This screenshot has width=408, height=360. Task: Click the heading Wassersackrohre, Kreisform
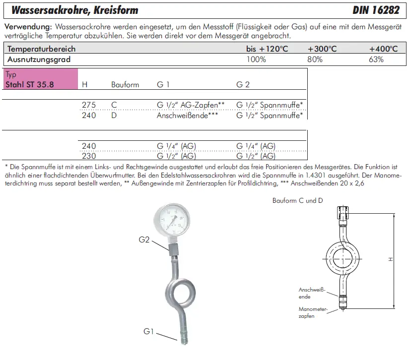click(x=75, y=10)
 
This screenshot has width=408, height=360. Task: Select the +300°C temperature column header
click(x=322, y=49)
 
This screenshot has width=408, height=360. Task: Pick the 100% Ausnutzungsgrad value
click(x=256, y=59)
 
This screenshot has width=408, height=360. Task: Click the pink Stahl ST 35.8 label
click(x=29, y=84)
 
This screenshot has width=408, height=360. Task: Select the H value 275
click(x=88, y=105)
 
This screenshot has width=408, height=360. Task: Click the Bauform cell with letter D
click(x=114, y=115)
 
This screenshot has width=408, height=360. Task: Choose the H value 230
click(x=88, y=155)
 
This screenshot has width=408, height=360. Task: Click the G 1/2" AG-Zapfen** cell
click(x=191, y=105)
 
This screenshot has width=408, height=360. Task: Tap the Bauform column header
click(x=125, y=85)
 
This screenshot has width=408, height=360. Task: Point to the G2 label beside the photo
click(x=144, y=240)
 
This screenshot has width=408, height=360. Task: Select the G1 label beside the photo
click(x=149, y=330)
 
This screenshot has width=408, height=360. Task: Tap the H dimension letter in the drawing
click(x=391, y=259)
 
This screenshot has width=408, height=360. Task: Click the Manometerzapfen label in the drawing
click(x=313, y=312)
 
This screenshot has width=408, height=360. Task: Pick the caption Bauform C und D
click(x=298, y=200)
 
